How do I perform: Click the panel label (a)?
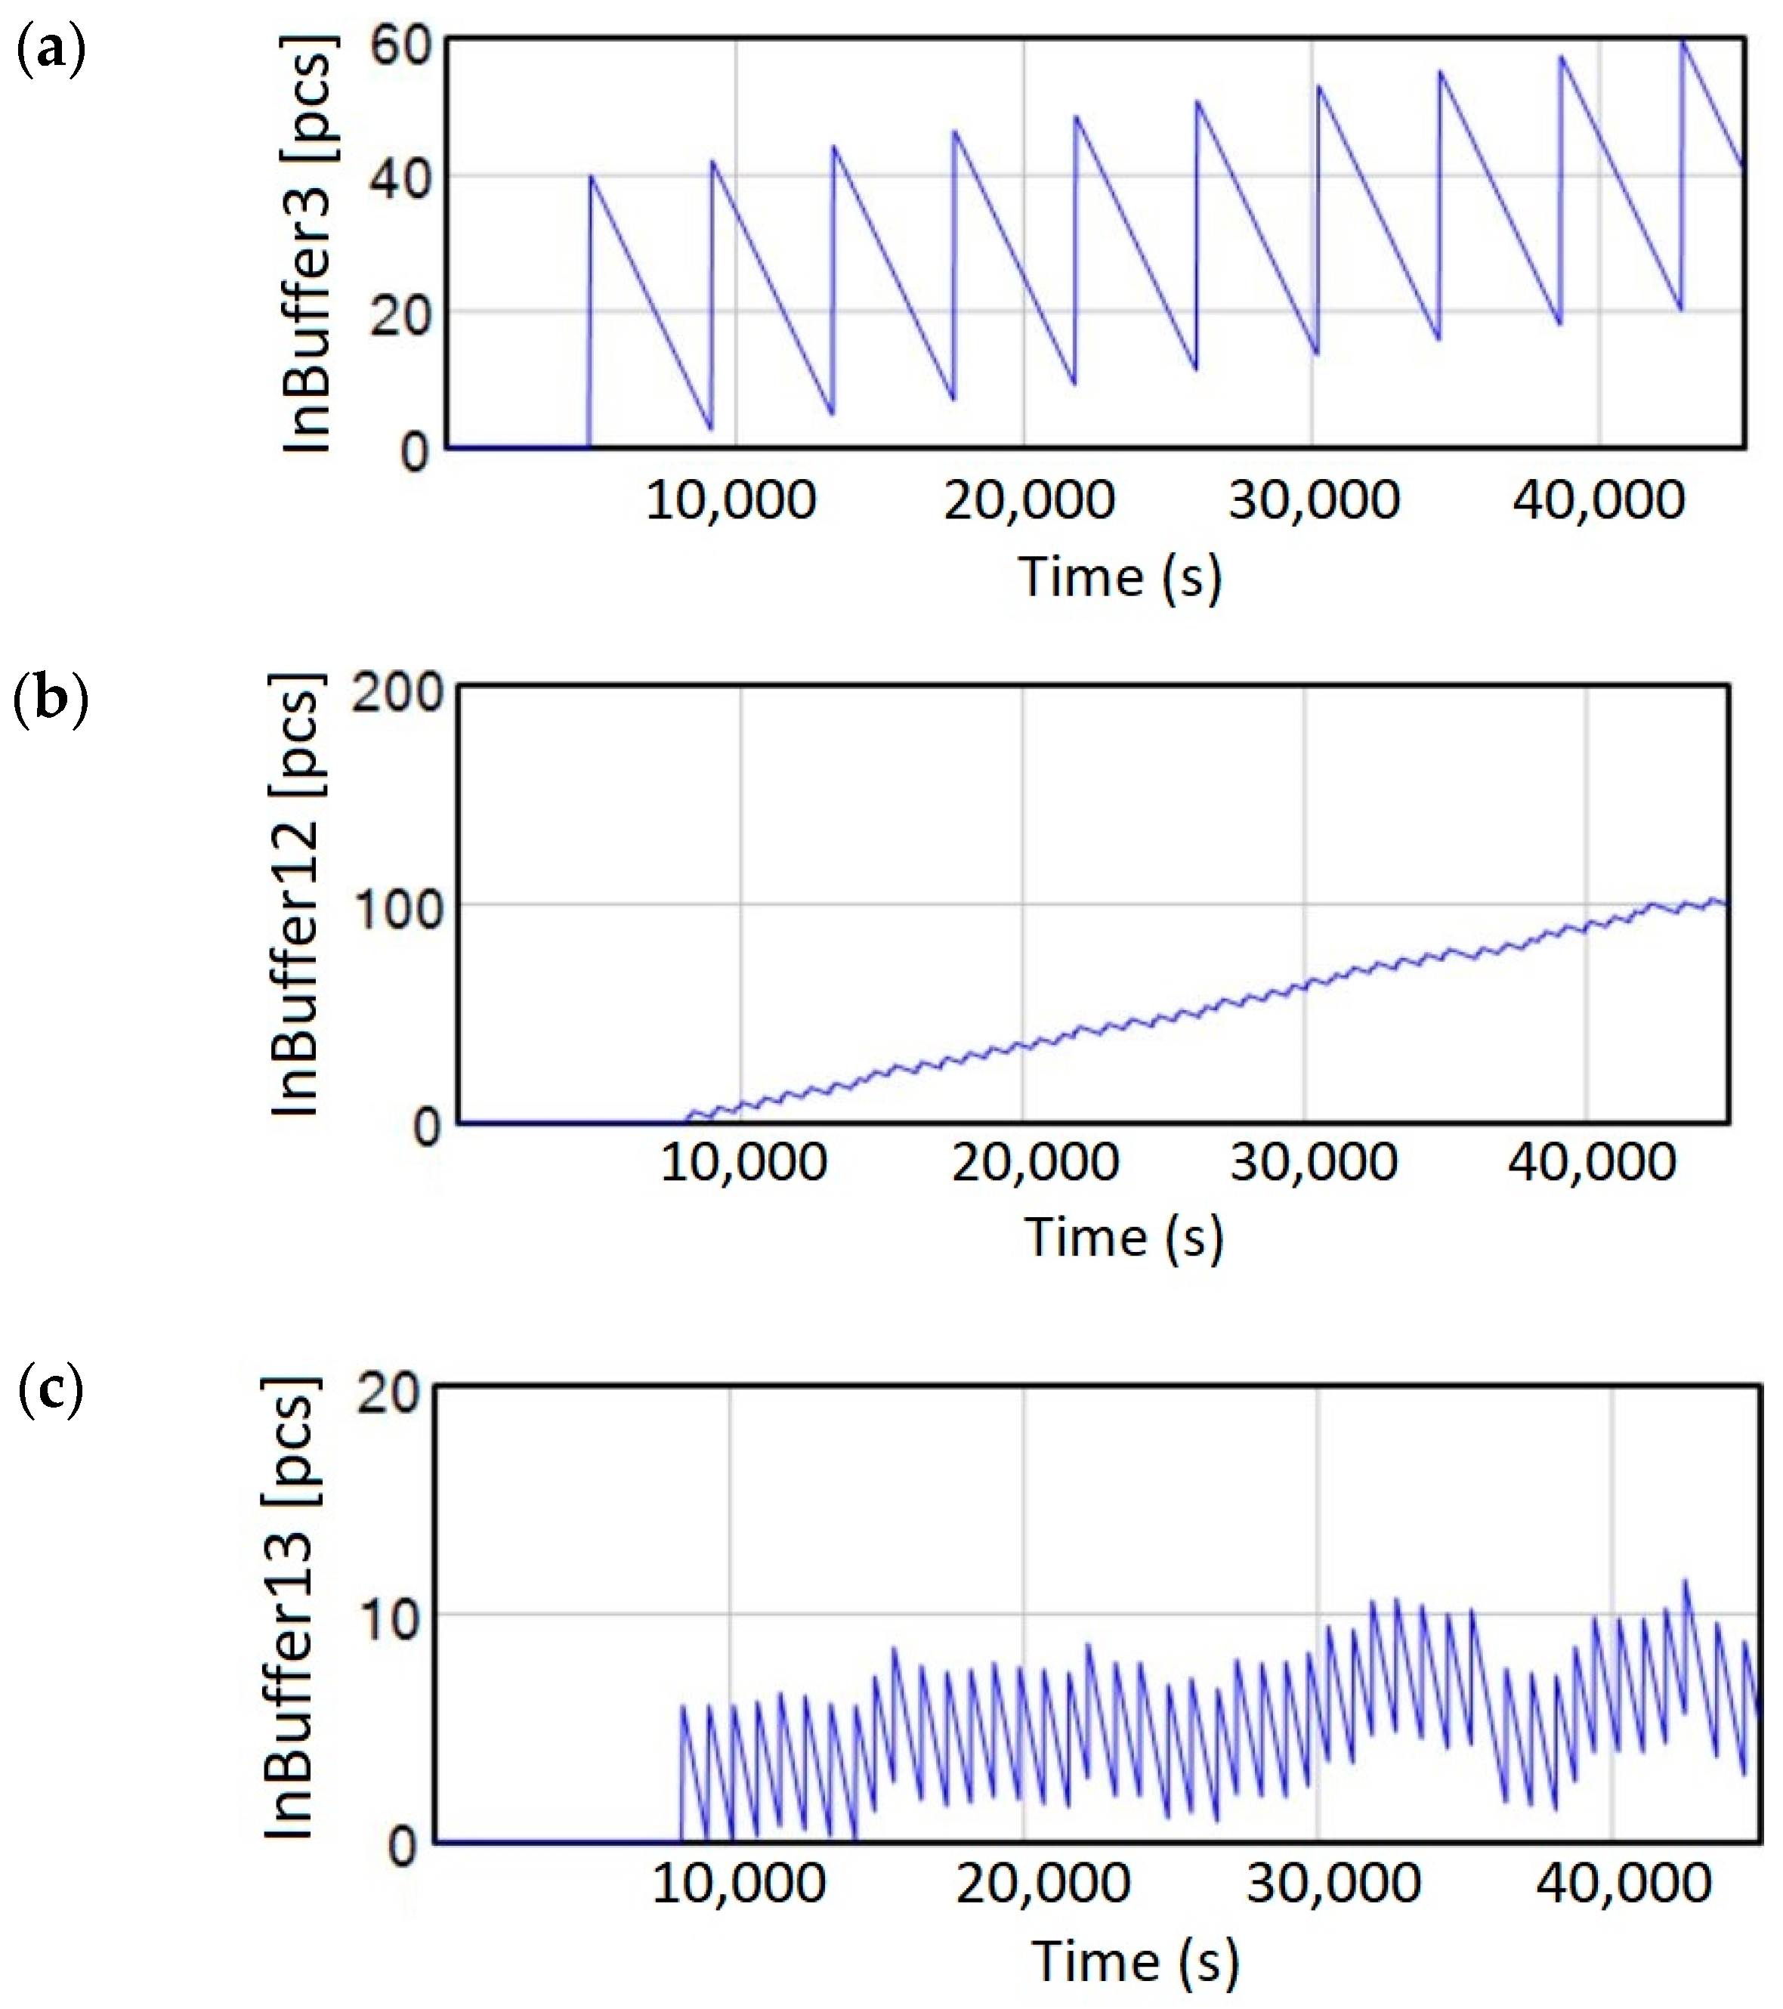pyautogui.click(x=52, y=51)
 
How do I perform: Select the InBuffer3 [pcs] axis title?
pyautogui.click(x=310, y=245)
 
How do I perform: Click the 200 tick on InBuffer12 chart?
pyautogui.click(x=397, y=693)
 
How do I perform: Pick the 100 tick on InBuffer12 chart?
pyautogui.click(x=397, y=908)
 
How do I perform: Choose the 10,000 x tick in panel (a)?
pyautogui.click(x=731, y=500)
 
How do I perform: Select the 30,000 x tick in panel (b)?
pyautogui.click(x=1312, y=1163)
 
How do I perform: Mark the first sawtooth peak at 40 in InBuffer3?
pyautogui.click(x=591, y=177)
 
